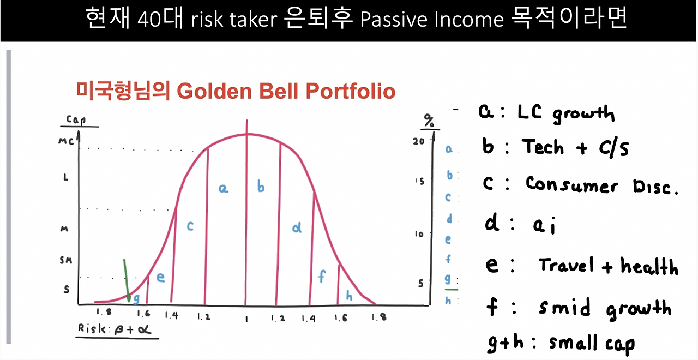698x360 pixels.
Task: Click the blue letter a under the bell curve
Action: tap(223, 188)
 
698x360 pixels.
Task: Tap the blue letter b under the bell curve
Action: tap(261, 186)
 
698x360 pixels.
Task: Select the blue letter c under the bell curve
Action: tap(190, 226)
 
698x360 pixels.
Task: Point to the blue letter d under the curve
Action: tap(297, 227)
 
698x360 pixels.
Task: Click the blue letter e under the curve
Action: tap(160, 277)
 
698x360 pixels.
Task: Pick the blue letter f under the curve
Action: tap(322, 276)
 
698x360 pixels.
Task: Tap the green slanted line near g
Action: tap(127, 280)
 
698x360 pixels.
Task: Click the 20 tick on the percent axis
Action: tap(419, 141)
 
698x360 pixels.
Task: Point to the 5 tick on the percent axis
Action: tap(420, 283)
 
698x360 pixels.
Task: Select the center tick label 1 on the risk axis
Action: tap(246, 319)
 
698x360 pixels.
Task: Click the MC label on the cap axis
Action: tap(66, 141)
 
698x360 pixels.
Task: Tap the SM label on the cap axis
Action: tap(66, 260)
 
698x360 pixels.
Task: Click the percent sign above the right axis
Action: tap(429, 121)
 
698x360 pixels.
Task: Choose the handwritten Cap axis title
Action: tap(76, 119)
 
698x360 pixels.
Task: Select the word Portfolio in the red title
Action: tap(351, 91)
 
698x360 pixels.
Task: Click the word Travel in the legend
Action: tap(565, 265)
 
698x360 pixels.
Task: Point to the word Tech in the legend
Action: tap(543, 147)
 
